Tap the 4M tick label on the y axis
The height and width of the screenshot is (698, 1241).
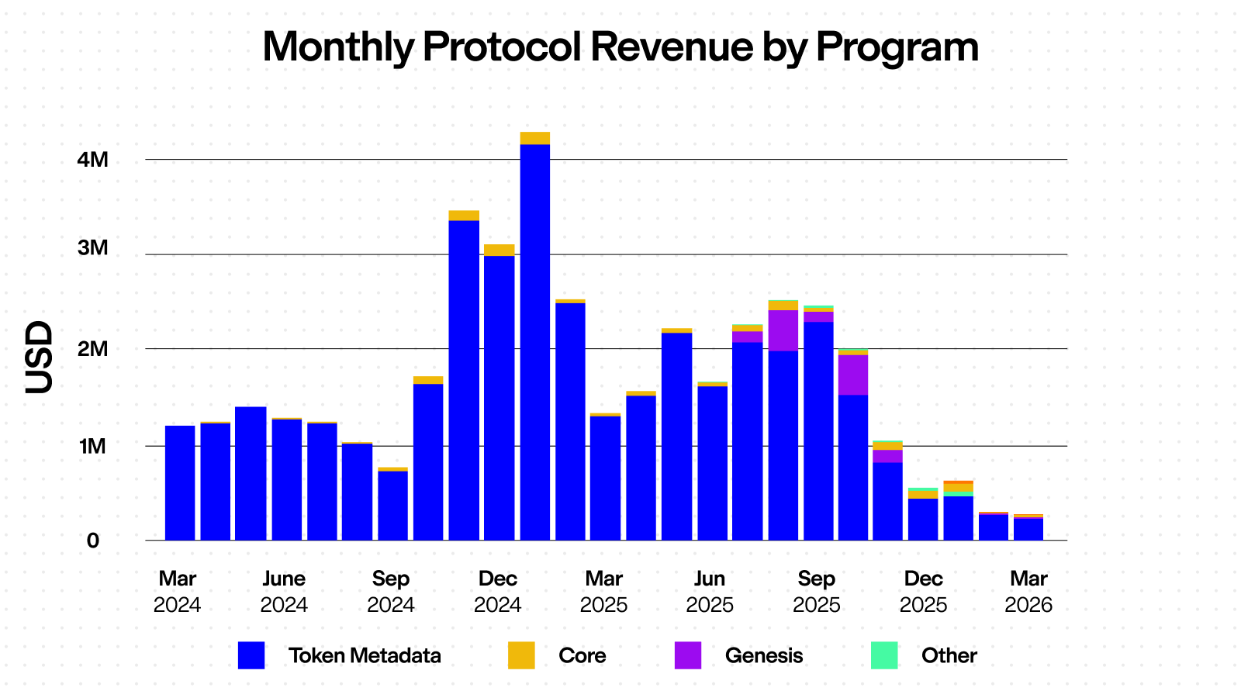pyautogui.click(x=94, y=160)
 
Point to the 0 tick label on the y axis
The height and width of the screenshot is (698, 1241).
pyautogui.click(x=93, y=541)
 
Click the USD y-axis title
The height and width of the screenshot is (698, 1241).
pyautogui.click(x=39, y=358)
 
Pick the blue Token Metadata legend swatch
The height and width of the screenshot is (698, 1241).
pyautogui.click(x=251, y=655)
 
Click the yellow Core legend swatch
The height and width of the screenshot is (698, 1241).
pyautogui.click(x=521, y=655)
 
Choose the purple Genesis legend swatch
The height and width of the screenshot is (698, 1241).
pyautogui.click(x=688, y=655)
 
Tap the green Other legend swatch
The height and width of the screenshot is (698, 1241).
pyautogui.click(x=884, y=655)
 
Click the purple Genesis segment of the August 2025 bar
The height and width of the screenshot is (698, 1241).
pyautogui.click(x=783, y=330)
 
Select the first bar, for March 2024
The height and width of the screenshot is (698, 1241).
pyautogui.click(x=180, y=482)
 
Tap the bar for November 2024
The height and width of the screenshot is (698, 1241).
pyautogui.click(x=464, y=380)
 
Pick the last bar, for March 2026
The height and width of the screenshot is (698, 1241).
pyautogui.click(x=1028, y=529)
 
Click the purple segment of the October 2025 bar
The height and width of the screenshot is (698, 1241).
pyautogui.click(x=853, y=375)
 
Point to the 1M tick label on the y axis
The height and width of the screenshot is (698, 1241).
pyautogui.click(x=93, y=446)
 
